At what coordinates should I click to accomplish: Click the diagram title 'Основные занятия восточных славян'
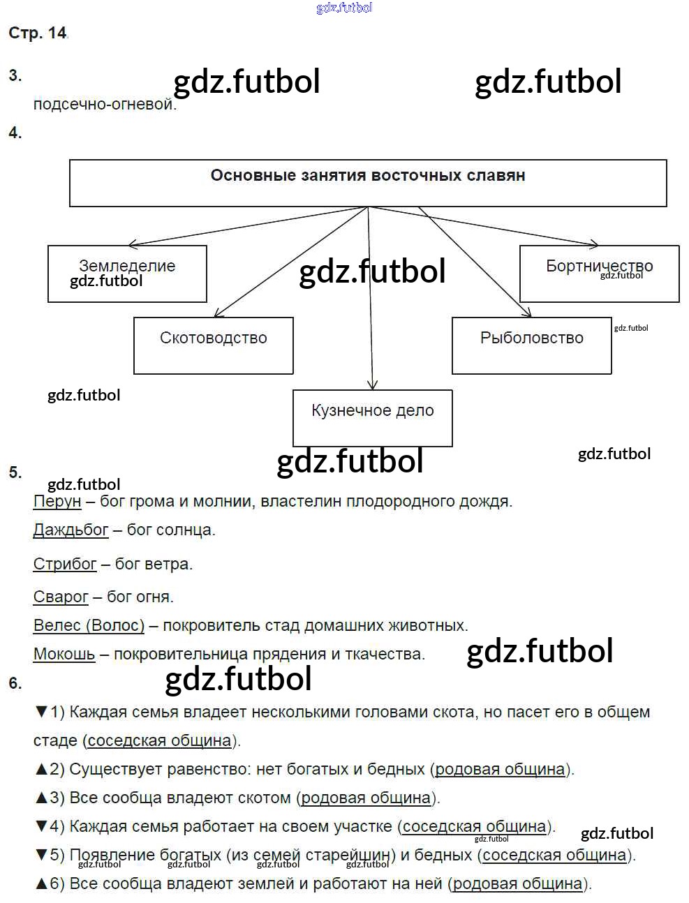point(367,176)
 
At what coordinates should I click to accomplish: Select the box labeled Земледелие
point(127,273)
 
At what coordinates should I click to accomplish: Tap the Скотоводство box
point(213,345)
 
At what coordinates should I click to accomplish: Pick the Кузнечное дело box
point(372,417)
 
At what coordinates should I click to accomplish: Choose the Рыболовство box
point(531,345)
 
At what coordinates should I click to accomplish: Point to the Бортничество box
point(599,273)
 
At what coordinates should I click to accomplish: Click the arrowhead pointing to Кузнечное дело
point(372,385)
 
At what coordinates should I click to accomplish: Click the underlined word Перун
point(57,501)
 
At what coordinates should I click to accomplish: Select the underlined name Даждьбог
point(71,530)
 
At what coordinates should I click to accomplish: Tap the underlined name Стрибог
point(65,564)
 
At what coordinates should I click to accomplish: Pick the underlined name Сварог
point(61,597)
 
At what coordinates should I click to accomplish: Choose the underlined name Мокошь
point(64,654)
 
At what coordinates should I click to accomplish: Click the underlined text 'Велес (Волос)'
point(89,625)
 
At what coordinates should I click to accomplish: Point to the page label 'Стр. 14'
point(38,33)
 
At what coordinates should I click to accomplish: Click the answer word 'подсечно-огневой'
point(104,105)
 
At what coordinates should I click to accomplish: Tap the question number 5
point(15,472)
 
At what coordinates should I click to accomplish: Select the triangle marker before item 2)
point(40,769)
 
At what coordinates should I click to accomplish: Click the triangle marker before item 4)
point(40,826)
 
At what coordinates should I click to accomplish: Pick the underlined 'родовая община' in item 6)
point(517,883)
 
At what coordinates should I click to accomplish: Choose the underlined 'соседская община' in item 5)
point(554,855)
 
